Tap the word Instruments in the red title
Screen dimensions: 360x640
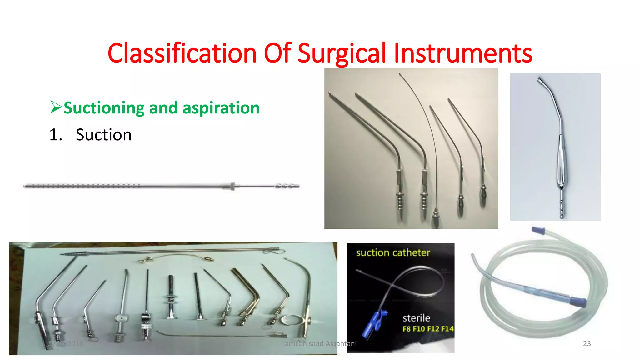tap(463, 53)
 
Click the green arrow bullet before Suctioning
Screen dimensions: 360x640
tap(56, 107)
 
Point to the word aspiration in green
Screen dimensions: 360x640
tap(221, 108)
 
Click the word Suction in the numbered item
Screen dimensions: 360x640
tap(103, 135)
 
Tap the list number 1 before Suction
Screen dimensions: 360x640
tap(55, 135)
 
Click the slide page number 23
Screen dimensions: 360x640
tap(587, 343)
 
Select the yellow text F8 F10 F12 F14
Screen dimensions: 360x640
tap(428, 329)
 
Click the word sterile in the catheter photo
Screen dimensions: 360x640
tap(416, 318)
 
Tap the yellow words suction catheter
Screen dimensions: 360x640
tap(393, 252)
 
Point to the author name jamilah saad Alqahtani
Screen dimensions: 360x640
tap(319, 343)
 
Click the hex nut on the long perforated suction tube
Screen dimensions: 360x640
tap(232, 186)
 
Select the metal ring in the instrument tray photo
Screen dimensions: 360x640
tap(292, 320)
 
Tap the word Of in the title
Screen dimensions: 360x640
tap(277, 53)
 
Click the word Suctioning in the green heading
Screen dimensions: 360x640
tap(104, 108)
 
